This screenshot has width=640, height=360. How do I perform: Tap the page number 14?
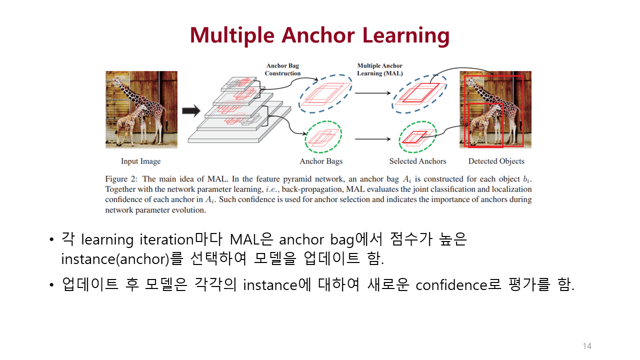coord(587,346)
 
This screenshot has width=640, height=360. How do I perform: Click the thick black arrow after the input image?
coord(190,111)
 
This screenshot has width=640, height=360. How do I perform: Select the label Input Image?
coord(140,161)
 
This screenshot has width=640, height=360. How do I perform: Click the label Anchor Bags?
coord(321,161)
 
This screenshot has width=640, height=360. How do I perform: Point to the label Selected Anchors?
coord(417,161)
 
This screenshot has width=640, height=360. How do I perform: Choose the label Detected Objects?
coord(496,161)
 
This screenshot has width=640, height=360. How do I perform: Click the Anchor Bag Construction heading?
coord(282,69)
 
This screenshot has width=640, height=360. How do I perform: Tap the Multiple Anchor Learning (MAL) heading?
coord(379,69)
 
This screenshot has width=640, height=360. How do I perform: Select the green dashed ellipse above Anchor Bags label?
coord(323,136)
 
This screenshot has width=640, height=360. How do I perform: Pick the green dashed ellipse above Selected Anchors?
coord(417,136)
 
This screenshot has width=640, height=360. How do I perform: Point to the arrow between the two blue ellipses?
coord(372,93)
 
